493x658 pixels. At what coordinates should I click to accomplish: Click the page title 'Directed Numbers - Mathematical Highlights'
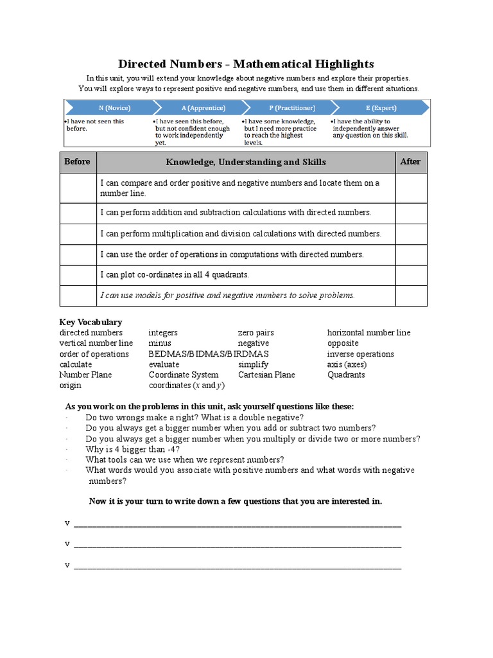click(x=246, y=64)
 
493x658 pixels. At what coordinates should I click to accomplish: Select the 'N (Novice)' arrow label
click(x=106, y=107)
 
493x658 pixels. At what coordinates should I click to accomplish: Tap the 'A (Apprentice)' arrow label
click(x=195, y=107)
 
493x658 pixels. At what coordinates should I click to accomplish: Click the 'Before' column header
click(x=77, y=162)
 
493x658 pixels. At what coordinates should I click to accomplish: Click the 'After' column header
click(x=410, y=162)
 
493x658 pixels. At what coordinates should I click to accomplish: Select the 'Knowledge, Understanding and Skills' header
click(x=246, y=162)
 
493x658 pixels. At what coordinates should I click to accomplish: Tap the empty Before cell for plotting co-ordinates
click(x=77, y=275)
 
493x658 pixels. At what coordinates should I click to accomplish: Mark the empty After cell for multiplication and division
click(x=411, y=234)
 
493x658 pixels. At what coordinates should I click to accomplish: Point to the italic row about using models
click(x=227, y=296)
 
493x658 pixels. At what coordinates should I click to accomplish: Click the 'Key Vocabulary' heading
click(x=91, y=322)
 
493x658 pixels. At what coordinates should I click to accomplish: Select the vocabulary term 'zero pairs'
click(x=255, y=333)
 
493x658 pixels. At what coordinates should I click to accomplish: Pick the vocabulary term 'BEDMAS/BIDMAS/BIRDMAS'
click(x=209, y=354)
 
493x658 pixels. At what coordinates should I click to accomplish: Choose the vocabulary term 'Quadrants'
click(x=346, y=375)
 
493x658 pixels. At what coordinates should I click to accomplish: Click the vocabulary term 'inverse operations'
click(x=361, y=354)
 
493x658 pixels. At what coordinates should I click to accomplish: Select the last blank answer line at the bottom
click(x=238, y=567)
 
